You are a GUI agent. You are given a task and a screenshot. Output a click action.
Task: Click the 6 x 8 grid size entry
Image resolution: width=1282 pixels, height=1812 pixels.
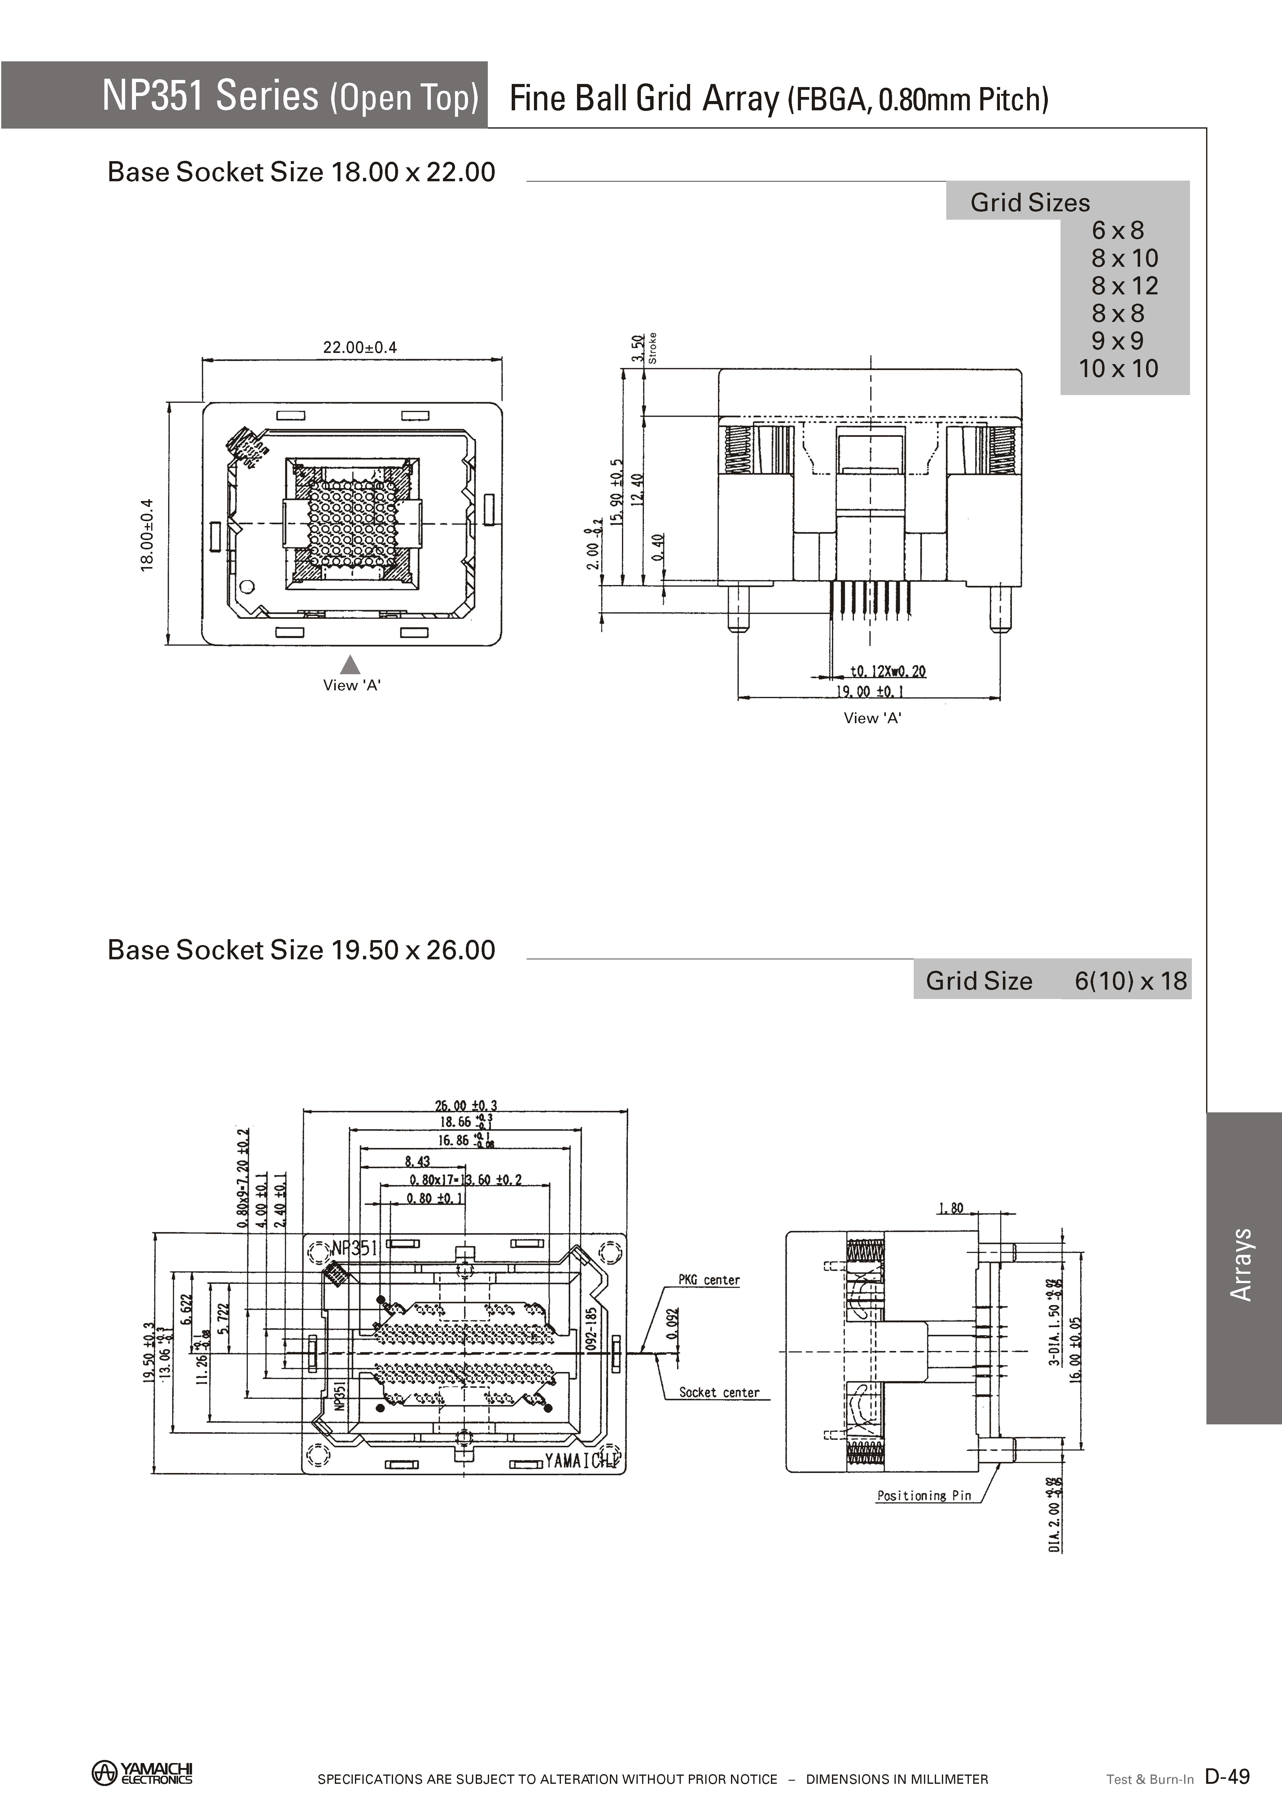tap(1118, 231)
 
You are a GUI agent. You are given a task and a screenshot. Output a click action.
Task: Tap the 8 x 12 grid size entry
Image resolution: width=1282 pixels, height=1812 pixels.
tap(1124, 286)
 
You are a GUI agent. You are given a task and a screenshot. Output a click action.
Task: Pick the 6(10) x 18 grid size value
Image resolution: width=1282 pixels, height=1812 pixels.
tap(1131, 981)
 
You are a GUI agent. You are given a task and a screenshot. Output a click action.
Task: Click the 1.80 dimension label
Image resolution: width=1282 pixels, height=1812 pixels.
tap(951, 1208)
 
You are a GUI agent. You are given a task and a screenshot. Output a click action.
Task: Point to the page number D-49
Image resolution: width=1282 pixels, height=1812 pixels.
tap(1227, 1776)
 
